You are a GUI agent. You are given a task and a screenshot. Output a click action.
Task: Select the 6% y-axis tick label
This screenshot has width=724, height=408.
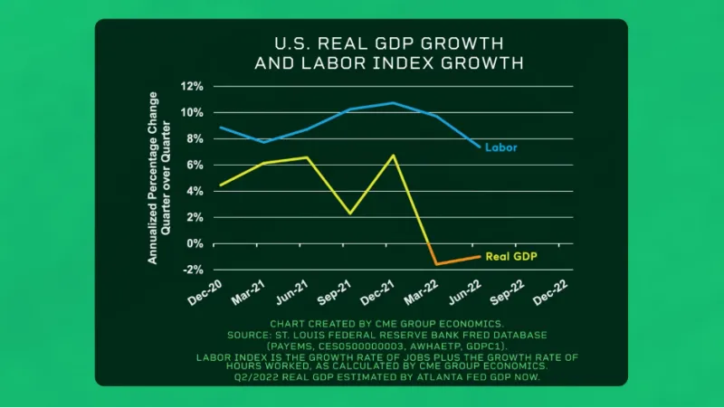194,166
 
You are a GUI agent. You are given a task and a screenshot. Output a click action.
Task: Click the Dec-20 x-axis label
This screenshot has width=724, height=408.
205,294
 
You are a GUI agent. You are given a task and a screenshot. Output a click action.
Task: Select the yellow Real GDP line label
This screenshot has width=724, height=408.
510,256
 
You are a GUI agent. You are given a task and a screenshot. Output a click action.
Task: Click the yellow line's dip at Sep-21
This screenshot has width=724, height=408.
350,213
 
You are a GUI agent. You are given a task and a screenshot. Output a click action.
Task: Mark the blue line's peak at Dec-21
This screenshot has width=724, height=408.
394,102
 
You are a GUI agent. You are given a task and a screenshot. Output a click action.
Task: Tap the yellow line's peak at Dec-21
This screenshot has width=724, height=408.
394,155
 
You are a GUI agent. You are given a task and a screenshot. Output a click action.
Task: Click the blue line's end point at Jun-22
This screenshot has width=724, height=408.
480,147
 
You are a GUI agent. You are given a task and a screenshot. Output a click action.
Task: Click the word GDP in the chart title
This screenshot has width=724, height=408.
377,43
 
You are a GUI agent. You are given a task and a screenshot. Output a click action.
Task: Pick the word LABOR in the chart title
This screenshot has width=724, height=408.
318,63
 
